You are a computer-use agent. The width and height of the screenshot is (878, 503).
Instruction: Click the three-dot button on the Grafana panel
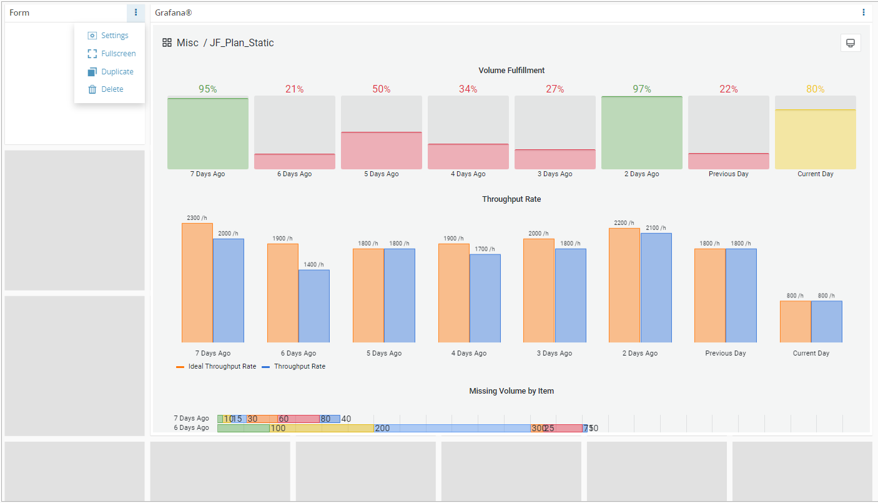[864, 12]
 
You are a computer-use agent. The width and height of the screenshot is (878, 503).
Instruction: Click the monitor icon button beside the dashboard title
[850, 43]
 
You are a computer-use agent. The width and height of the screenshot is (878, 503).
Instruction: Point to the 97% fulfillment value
[641, 89]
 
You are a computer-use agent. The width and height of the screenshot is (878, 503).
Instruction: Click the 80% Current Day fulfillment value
[815, 89]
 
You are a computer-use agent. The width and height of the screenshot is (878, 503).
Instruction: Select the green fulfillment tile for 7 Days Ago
[207, 133]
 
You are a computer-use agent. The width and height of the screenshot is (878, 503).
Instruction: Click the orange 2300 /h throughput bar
[197, 282]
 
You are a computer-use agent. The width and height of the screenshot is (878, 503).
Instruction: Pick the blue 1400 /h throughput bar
[313, 306]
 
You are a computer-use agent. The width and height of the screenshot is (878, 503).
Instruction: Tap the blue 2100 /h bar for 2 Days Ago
[656, 287]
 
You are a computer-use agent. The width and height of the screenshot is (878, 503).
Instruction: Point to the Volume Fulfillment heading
[511, 71]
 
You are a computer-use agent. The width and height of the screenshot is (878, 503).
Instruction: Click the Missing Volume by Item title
[511, 391]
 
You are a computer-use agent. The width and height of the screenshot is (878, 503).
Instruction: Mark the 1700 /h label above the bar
[485, 249]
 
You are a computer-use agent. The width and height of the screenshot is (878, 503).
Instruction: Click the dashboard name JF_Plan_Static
[241, 43]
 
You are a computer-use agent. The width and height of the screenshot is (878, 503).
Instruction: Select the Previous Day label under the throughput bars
[725, 354]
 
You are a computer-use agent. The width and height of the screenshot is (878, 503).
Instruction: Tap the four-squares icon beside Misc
[167, 43]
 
